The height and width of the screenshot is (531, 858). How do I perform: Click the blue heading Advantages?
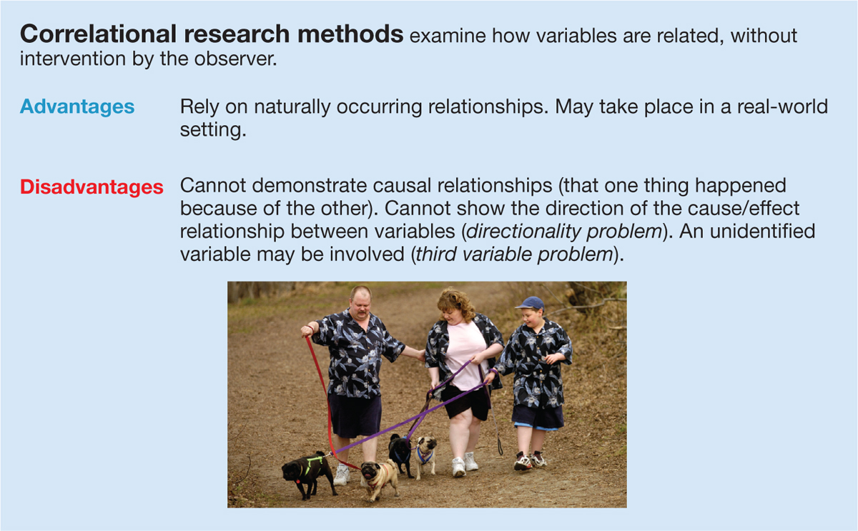tap(77, 106)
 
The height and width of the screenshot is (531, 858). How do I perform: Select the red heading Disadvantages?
tap(92, 187)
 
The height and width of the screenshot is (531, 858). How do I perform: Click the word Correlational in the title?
tap(98, 34)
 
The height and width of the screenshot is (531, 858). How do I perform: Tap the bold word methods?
tap(350, 34)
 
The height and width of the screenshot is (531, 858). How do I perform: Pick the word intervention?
tap(73, 59)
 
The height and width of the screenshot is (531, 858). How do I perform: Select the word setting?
tap(213, 130)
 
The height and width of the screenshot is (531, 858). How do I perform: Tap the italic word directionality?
tap(523, 232)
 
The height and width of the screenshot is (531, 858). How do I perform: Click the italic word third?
tap(436, 254)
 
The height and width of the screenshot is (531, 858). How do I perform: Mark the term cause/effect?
tap(744, 209)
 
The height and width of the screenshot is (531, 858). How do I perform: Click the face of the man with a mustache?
tap(360, 304)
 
